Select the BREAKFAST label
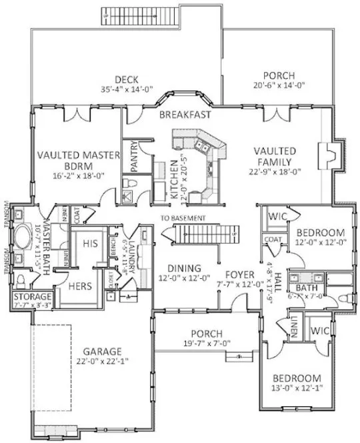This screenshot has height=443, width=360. click(x=185, y=115)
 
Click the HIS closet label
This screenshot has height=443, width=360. click(x=91, y=245)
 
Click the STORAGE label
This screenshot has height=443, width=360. click(x=31, y=296)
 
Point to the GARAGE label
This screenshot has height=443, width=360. click(x=101, y=351)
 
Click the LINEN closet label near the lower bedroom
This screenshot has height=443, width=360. click(x=294, y=327)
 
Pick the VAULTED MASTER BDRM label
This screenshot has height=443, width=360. click(x=78, y=159)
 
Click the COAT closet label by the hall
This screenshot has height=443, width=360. click(x=272, y=240)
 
